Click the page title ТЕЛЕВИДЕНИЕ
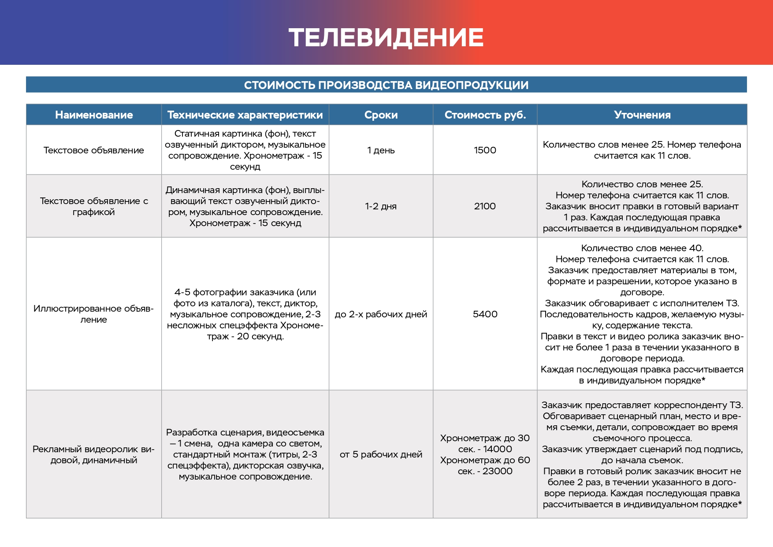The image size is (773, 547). click(386, 37)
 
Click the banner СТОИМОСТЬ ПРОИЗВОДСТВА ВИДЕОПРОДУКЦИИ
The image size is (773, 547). click(386, 85)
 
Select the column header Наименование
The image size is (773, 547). click(94, 115)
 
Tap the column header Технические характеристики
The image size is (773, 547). click(245, 115)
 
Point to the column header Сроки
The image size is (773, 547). click(381, 115)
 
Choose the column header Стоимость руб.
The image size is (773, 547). click(485, 115)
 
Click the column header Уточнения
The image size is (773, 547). click(642, 115)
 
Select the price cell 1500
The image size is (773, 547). click(485, 150)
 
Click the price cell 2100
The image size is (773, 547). click(485, 206)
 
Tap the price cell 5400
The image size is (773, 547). click(485, 314)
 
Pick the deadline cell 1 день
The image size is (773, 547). click(381, 150)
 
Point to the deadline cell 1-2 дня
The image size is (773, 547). click(381, 206)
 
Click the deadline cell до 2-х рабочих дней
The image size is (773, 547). click(381, 314)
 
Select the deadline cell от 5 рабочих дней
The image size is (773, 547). click(381, 454)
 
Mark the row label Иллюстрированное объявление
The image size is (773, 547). click(94, 314)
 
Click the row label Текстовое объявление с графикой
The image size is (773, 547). click(94, 206)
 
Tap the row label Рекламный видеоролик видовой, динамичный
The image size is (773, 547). click(94, 454)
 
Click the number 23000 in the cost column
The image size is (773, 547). click(498, 471)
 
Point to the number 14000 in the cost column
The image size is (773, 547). click(498, 449)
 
